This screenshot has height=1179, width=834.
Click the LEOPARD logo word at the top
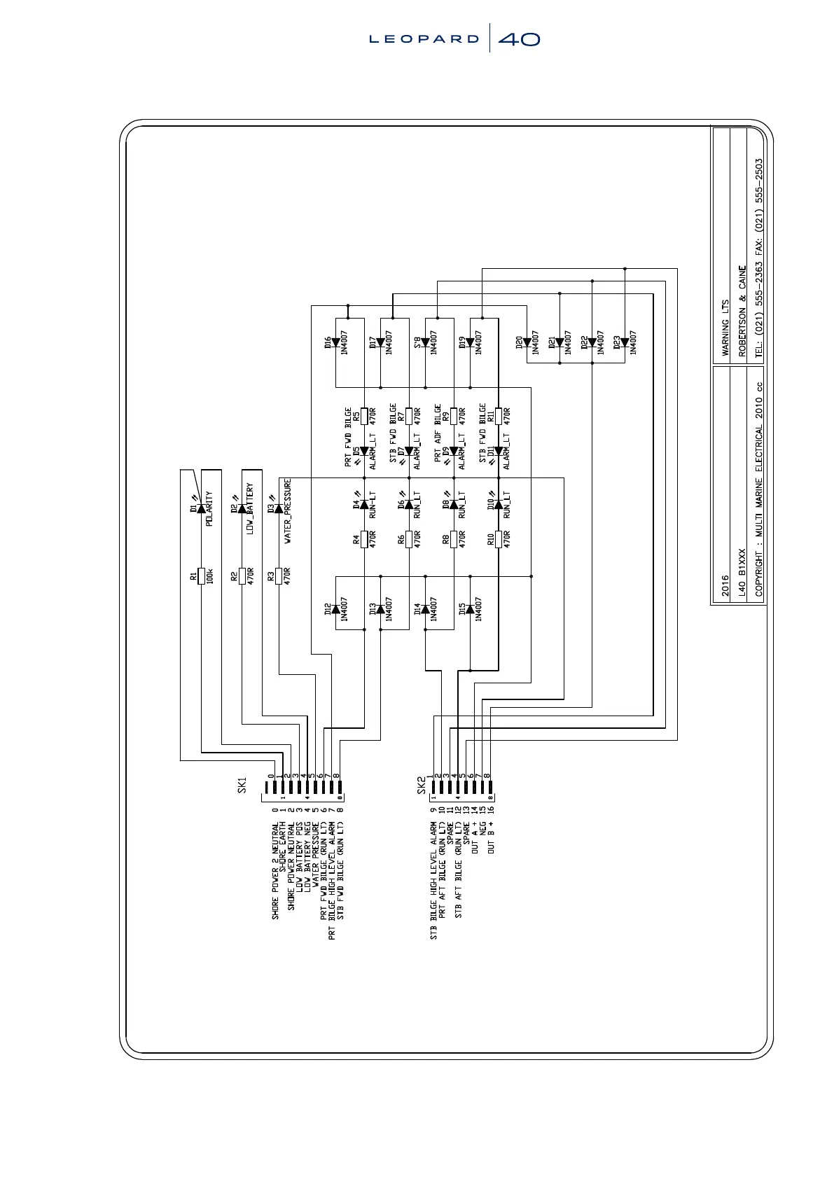424,39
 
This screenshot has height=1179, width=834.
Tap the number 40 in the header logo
519,39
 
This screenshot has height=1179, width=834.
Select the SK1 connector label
242,785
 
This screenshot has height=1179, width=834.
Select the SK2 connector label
422,785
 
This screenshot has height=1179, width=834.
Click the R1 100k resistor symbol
201,575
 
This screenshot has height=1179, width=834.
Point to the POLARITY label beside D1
209,509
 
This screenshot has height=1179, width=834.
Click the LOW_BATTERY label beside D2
250,509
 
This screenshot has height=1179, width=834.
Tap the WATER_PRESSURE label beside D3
288,511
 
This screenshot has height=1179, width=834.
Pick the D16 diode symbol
335,343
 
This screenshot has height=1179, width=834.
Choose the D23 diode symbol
625,343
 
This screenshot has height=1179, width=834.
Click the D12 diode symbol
335,609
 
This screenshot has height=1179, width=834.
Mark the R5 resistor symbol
364,416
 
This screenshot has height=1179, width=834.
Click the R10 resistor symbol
499,539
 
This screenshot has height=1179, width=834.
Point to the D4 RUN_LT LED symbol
364,504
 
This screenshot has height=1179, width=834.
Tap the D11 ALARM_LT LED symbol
499,452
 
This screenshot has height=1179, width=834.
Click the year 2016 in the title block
725,585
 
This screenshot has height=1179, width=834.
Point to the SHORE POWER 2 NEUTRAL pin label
275,871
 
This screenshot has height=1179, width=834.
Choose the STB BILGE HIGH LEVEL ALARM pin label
433,881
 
